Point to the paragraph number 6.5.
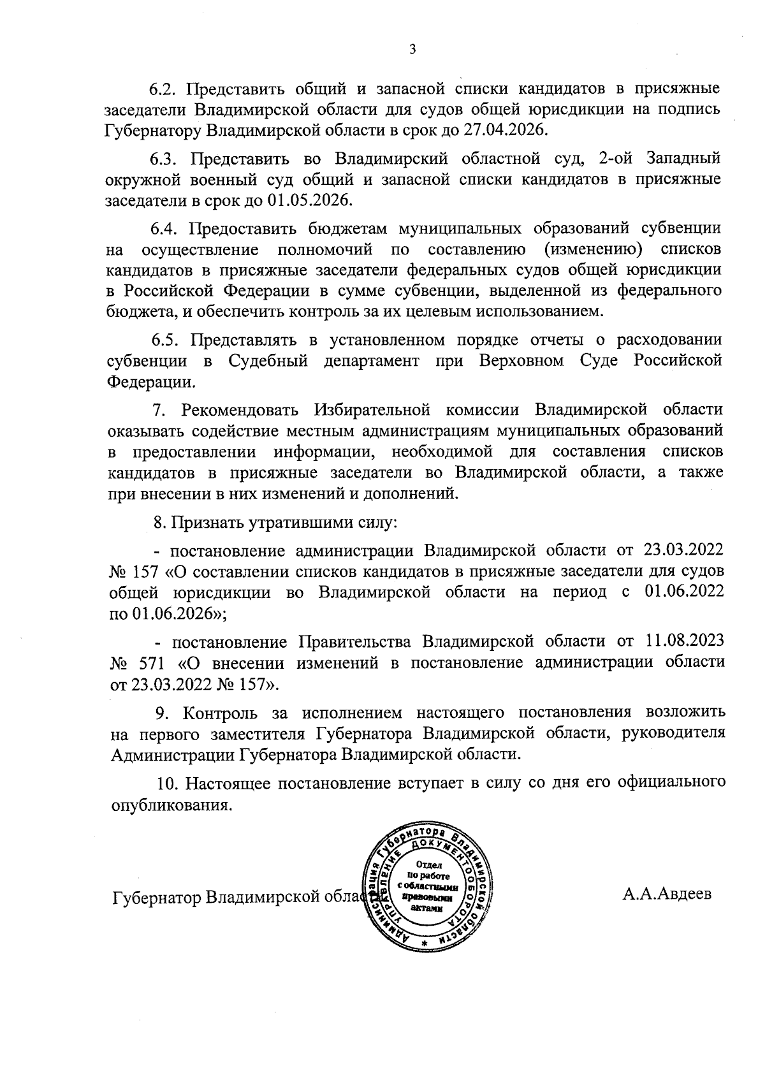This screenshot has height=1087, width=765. [166, 339]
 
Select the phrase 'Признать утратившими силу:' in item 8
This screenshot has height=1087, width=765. [285, 523]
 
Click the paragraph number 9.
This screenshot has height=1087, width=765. [163, 711]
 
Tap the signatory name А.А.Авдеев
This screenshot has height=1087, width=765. [667, 894]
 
